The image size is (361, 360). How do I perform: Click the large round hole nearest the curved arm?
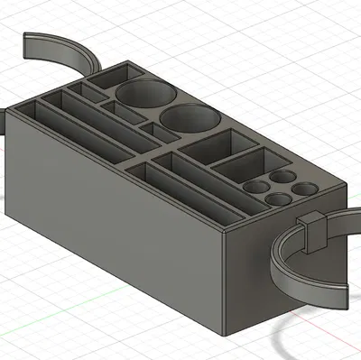coord(143,94)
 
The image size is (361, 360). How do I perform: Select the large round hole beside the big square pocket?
coord(190,119)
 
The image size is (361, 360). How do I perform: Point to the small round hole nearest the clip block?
coord(307,189)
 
